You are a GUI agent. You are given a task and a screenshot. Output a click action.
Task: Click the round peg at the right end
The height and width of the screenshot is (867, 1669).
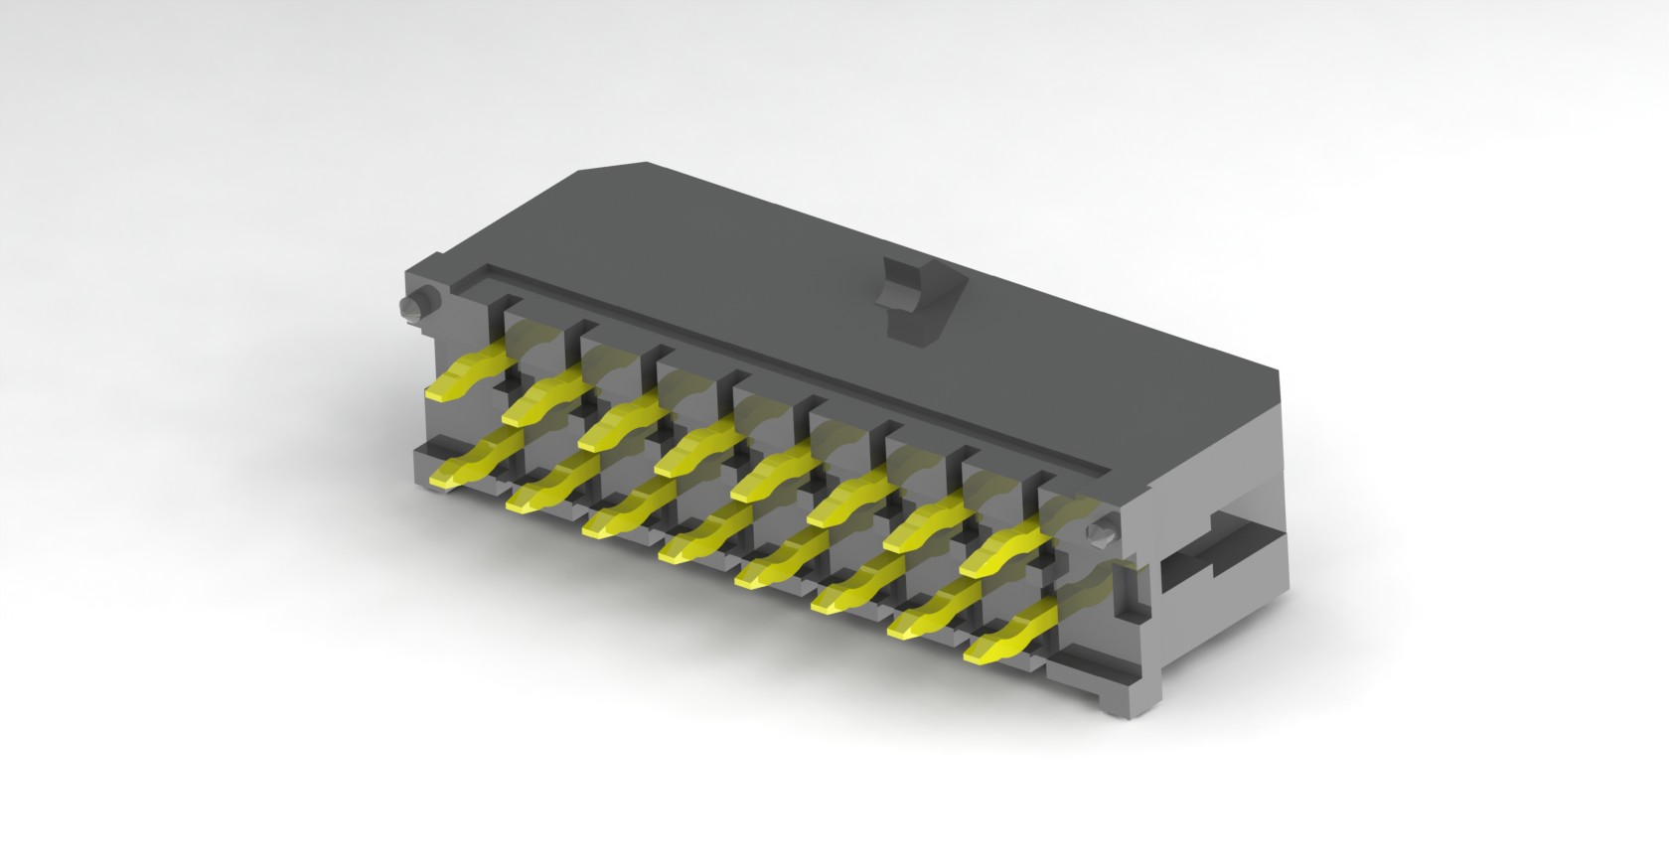[1099, 533]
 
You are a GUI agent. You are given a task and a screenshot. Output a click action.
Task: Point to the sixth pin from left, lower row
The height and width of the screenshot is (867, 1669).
[850, 591]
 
